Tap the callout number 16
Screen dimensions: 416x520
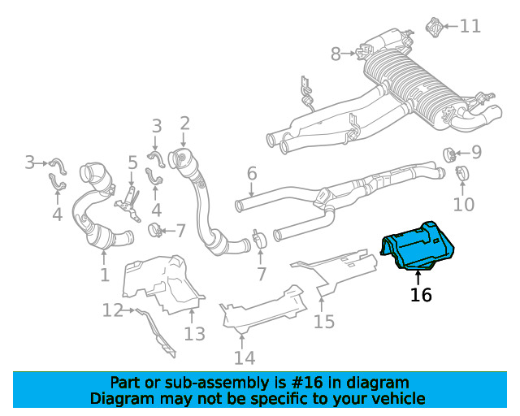(421, 294)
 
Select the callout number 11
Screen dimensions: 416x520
(470, 26)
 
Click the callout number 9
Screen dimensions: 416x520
(476, 152)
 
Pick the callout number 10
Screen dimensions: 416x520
(463, 203)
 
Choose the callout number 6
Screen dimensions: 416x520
(252, 173)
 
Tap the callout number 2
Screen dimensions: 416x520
(184, 123)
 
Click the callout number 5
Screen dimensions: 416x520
(132, 162)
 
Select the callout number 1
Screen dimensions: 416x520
(104, 275)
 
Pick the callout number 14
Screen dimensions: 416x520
(244, 357)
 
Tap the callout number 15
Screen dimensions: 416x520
(324, 323)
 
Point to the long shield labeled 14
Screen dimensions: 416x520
(260, 313)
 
